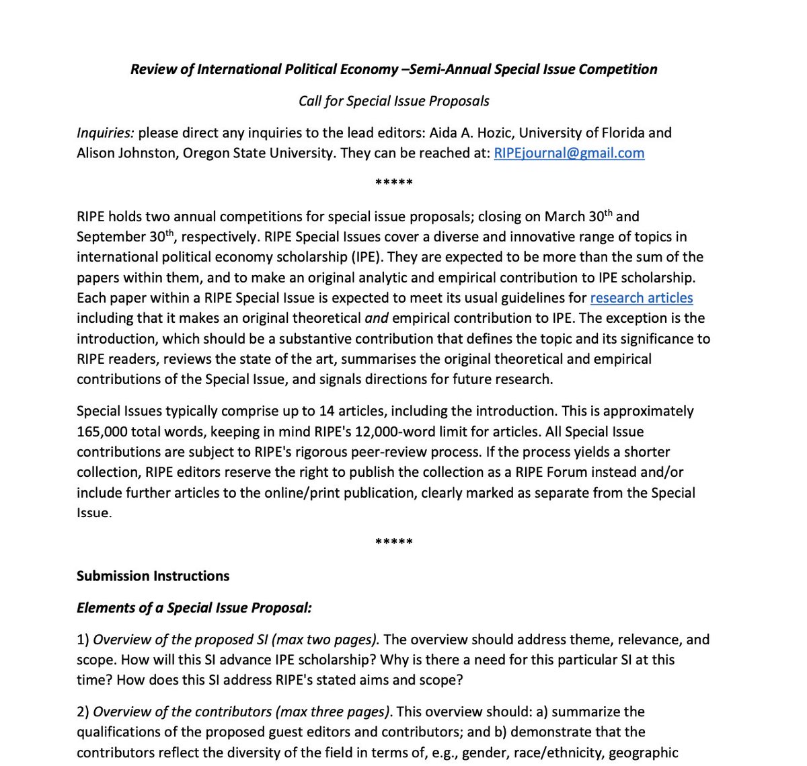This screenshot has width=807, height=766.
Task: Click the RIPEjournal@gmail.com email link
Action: [x=569, y=153]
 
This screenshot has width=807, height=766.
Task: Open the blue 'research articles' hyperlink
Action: [x=641, y=297]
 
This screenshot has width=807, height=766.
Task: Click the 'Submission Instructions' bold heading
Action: [x=153, y=576]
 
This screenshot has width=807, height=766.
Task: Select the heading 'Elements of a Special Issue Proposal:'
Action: [x=194, y=607]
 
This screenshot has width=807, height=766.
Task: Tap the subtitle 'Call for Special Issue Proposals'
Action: [x=393, y=101]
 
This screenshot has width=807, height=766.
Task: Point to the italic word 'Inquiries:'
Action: [x=105, y=132]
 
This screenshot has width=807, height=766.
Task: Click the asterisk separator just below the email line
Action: [x=393, y=183]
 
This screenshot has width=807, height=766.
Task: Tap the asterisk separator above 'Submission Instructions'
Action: [x=393, y=542]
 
